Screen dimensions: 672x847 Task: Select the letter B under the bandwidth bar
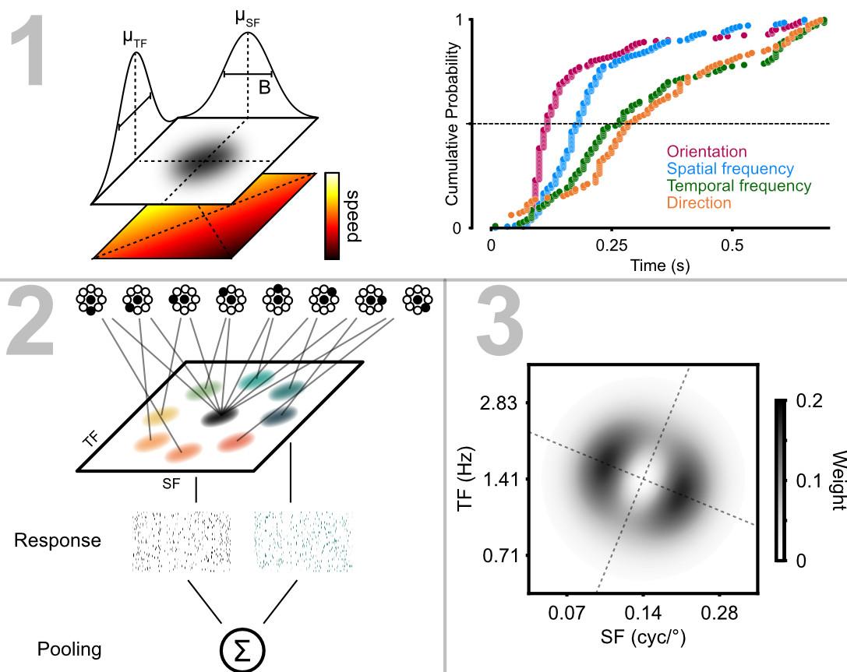click(x=264, y=88)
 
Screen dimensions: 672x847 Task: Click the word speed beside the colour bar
click(x=352, y=215)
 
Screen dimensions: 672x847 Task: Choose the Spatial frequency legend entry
click(x=729, y=169)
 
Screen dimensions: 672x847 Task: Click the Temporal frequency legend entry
click(x=738, y=186)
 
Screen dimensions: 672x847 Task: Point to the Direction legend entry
click(x=699, y=203)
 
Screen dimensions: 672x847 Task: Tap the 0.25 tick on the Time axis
click(x=612, y=244)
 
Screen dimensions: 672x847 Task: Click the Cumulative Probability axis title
click(x=452, y=124)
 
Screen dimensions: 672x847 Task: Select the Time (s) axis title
click(x=659, y=266)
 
